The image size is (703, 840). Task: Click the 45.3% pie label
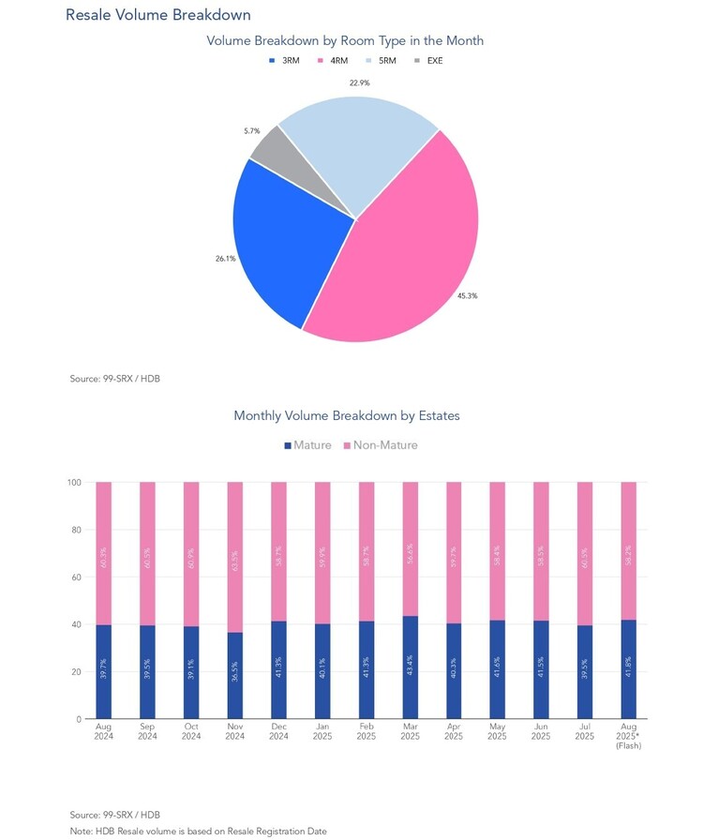[467, 296]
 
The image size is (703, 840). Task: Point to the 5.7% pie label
[252, 131]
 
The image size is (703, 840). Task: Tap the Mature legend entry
[307, 445]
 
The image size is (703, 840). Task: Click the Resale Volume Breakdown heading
[158, 15]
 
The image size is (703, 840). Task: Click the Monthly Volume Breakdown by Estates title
[347, 415]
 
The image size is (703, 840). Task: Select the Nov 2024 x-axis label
[235, 732]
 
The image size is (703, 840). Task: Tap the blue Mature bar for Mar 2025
[411, 667]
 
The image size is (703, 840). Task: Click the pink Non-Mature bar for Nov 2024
[235, 558]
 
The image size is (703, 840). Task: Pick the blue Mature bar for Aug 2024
[103, 672]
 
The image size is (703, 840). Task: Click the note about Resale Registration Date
[199, 831]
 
